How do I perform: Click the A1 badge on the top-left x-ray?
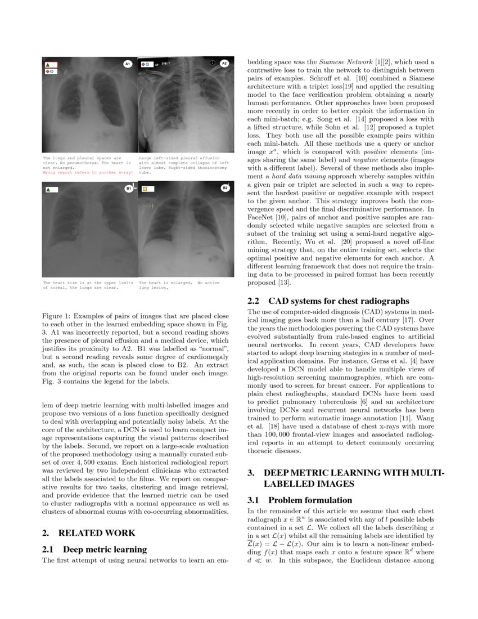coord(127,64)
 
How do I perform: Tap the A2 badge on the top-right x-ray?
coord(224,64)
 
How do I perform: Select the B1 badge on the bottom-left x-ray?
coord(128,189)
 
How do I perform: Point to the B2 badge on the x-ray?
coord(225,188)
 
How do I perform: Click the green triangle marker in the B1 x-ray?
coord(48,191)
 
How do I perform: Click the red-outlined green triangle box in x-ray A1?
coord(51,65)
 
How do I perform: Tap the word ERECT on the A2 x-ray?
coord(165,64)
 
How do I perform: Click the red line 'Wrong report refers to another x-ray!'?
coord(88,173)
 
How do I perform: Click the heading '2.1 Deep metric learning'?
coord(94,549)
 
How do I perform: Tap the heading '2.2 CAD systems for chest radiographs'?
coord(329,300)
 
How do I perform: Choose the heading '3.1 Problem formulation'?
coord(300,500)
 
